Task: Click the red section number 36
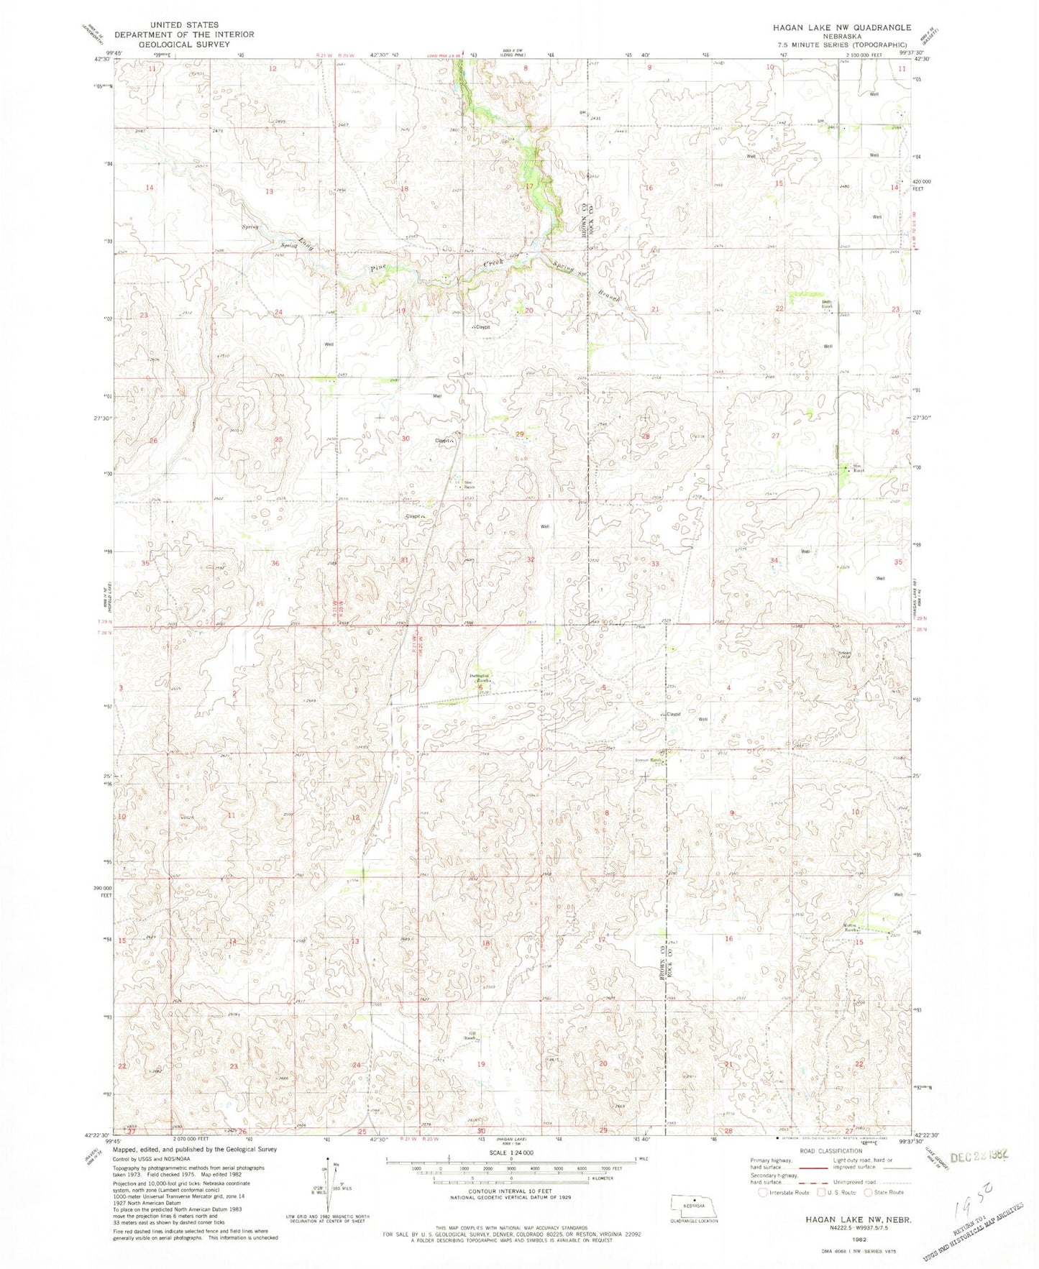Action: click(275, 563)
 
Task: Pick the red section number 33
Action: click(655, 564)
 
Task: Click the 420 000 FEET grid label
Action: click(923, 185)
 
